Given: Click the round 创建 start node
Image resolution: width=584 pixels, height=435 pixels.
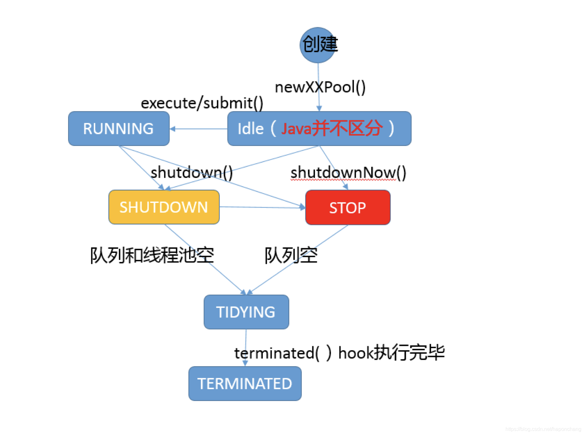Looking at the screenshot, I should tap(318, 45).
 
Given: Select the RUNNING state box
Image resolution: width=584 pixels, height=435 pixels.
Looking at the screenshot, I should tap(119, 129).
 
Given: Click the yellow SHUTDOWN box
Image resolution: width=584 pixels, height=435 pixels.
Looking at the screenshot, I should tap(164, 207).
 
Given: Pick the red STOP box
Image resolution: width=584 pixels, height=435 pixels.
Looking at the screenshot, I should tap(348, 207).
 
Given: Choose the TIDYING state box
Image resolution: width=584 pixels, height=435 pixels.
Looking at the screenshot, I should tap(246, 312).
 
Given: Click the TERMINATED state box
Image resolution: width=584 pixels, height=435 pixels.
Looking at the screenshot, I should tap(245, 383).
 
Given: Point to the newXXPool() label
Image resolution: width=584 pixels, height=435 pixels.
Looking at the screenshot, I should tap(320, 87).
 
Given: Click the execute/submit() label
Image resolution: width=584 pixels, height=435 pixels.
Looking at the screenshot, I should tap(202, 103).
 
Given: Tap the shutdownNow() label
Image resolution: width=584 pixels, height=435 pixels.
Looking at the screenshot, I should tap(348, 172).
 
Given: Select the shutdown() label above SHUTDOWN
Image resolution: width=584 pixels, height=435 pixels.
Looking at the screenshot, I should tap(192, 172).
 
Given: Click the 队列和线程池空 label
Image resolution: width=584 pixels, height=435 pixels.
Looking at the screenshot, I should tap(152, 255).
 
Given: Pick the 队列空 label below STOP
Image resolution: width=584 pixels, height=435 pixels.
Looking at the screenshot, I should tap(291, 255).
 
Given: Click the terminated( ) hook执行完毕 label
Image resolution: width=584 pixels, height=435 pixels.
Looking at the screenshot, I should tap(339, 353).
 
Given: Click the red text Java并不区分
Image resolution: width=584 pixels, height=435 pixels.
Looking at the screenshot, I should tap(332, 128).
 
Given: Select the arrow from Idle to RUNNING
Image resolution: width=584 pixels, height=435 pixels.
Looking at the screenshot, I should tap(199, 129).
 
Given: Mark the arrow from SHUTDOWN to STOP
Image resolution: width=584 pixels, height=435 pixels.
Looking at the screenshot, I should tap(262, 207).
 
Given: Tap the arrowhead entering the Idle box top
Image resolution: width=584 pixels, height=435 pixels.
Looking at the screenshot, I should tap(319, 108).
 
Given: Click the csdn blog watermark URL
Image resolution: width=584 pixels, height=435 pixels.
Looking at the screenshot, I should tap(543, 429).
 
